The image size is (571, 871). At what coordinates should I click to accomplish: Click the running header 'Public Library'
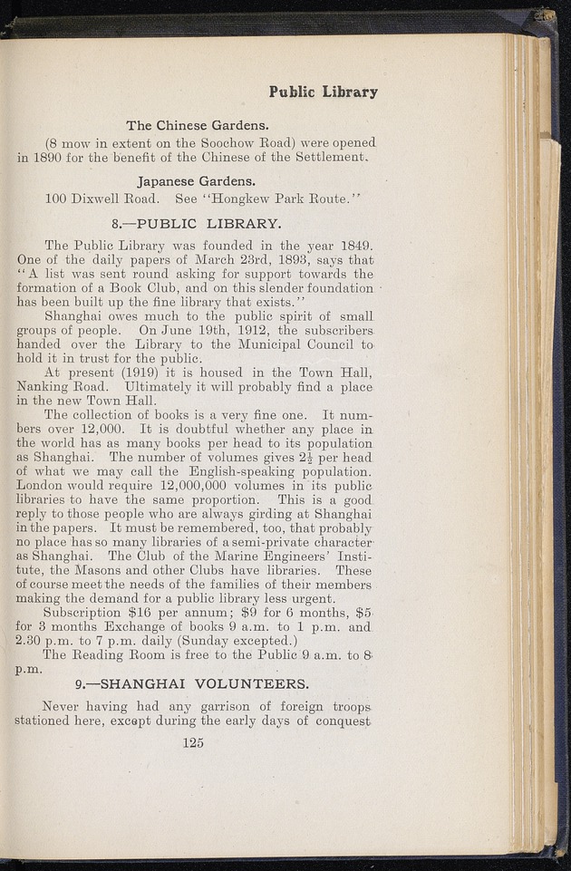[323, 92]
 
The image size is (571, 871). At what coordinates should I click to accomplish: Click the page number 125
[192, 743]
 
